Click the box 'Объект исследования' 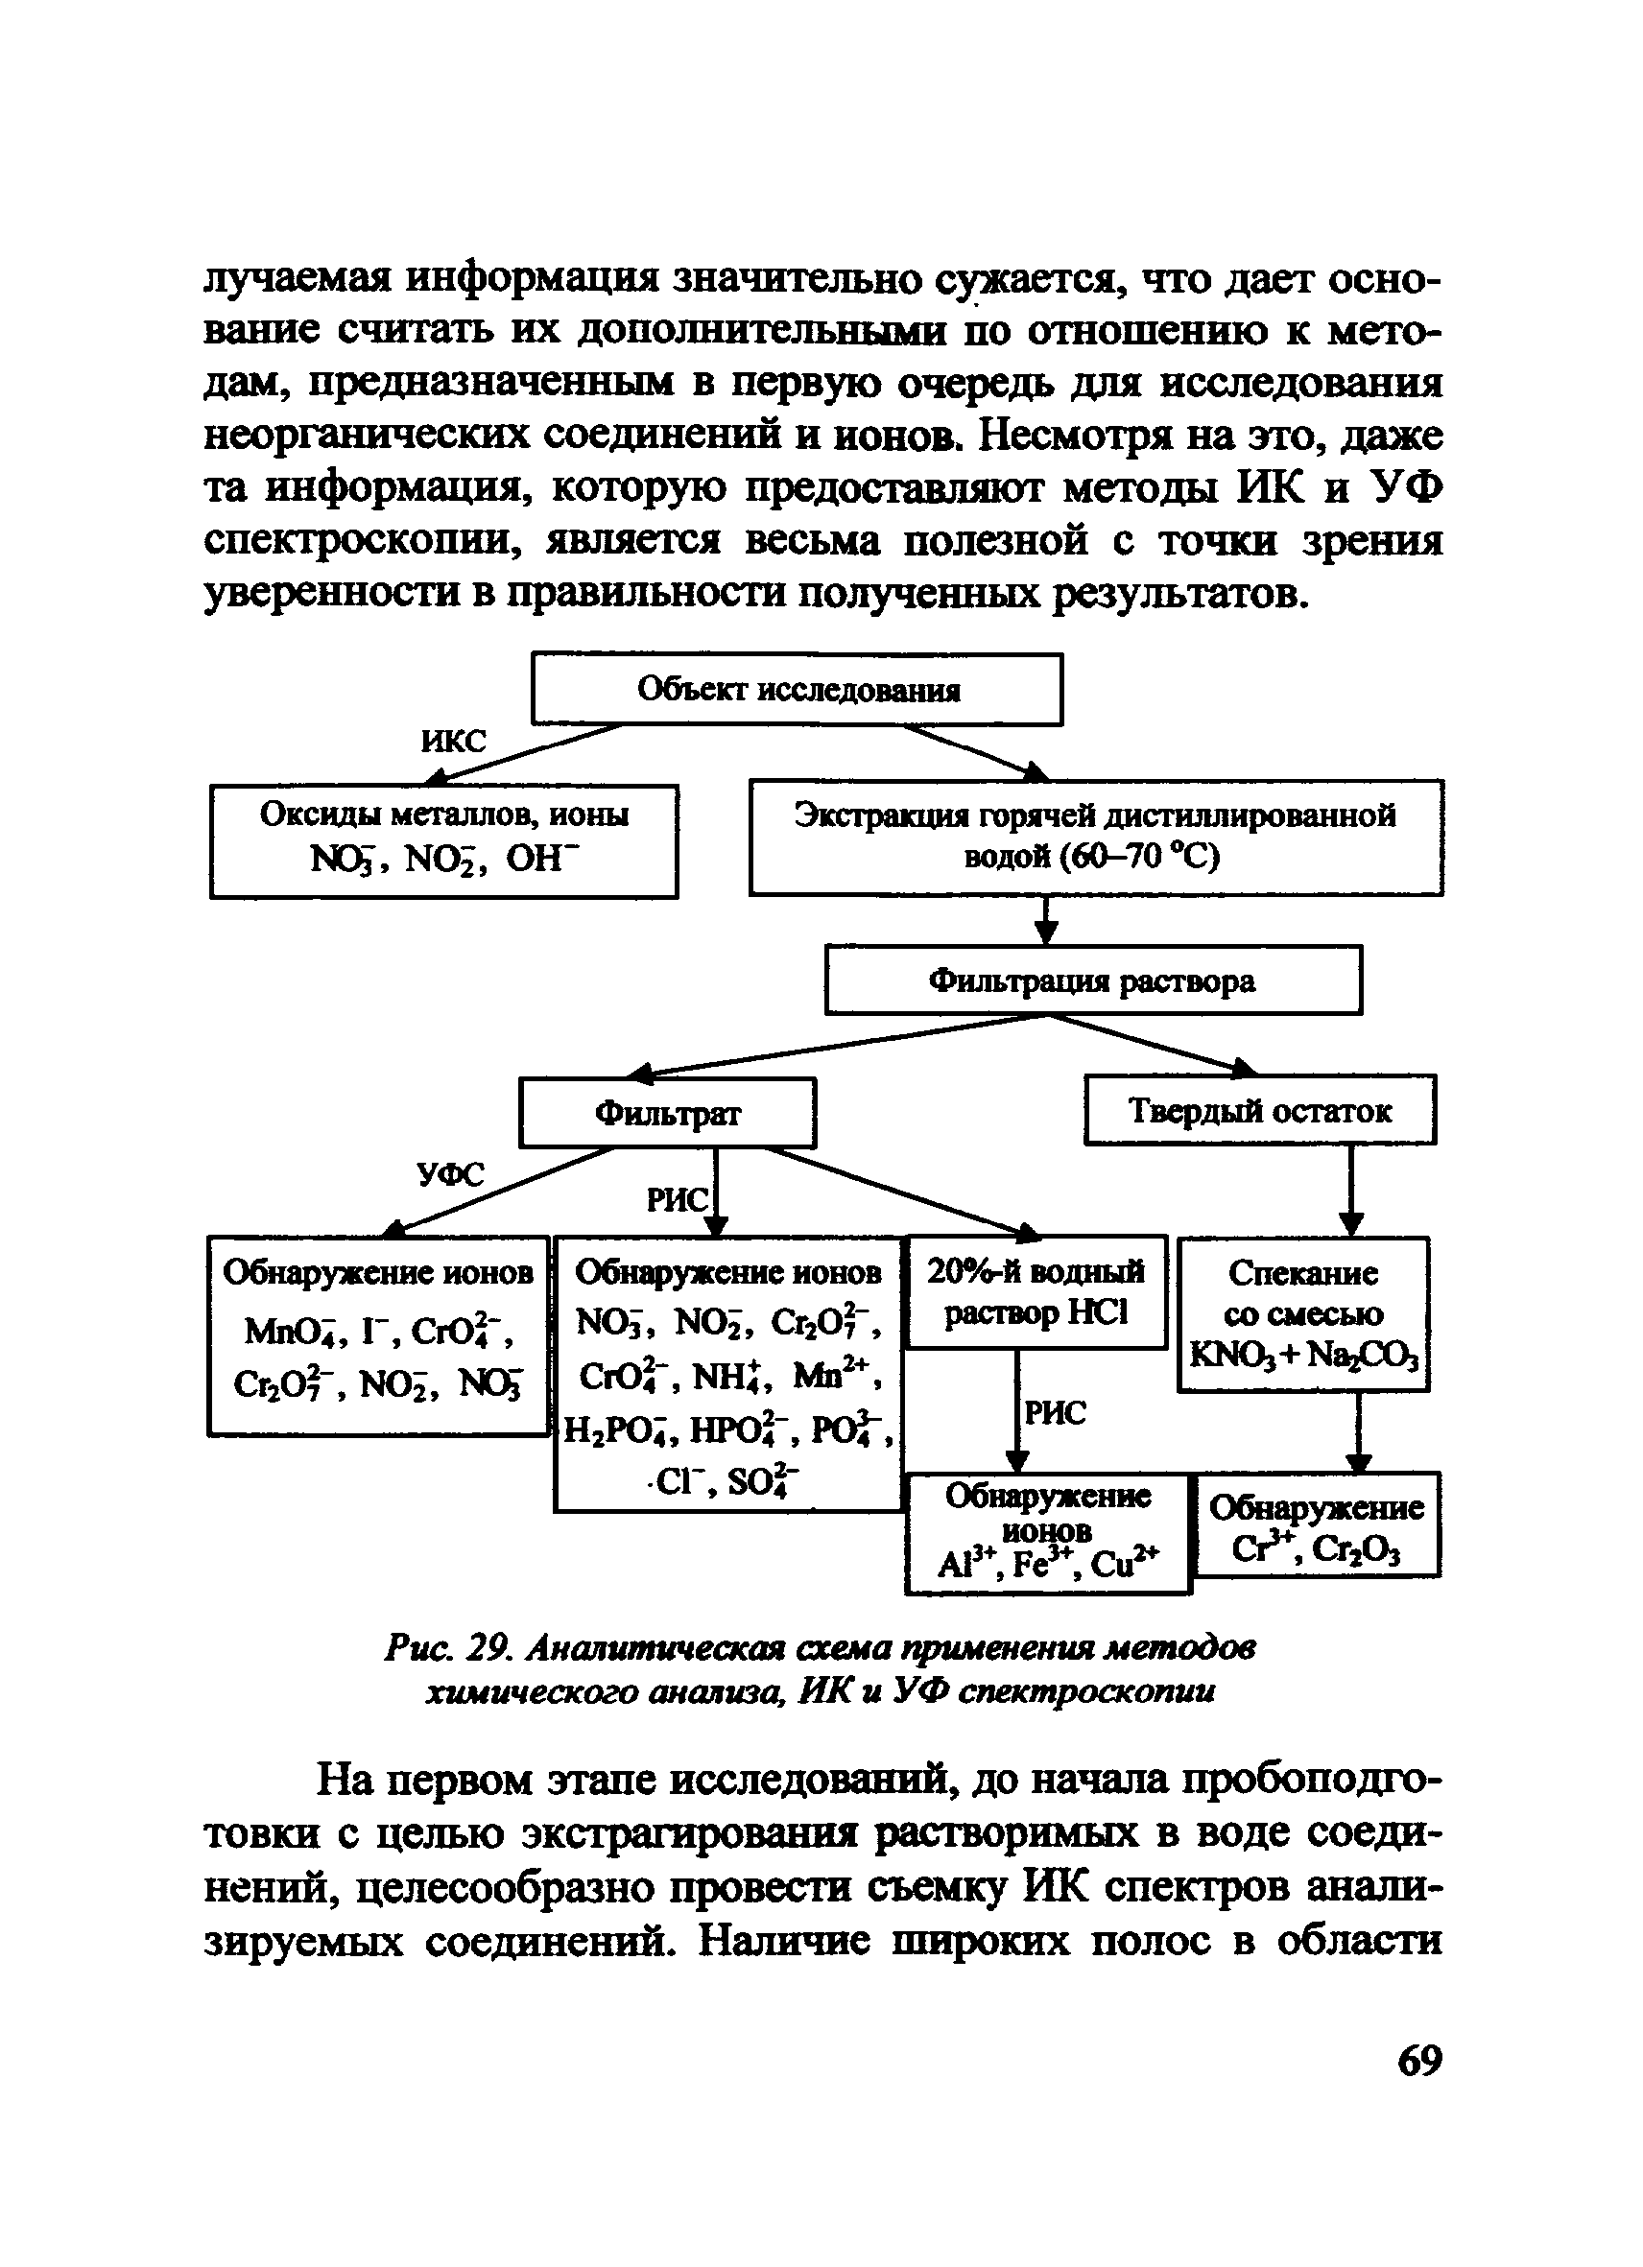(796, 689)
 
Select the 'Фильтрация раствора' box (1092, 980)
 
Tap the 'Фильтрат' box (667, 1112)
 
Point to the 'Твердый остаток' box (1259, 1109)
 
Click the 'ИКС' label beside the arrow (453, 741)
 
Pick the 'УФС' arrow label (450, 1173)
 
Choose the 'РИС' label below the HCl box (1056, 1412)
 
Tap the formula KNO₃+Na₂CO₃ (1303, 1357)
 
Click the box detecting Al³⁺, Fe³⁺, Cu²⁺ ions (1047, 1532)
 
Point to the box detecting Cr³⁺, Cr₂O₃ (1317, 1525)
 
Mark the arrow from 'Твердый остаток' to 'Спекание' (1351, 1190)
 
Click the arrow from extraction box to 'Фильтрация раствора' (1046, 918)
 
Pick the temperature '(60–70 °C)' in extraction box (1092, 857)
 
